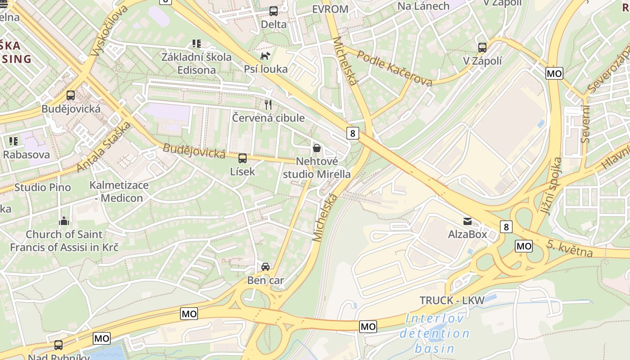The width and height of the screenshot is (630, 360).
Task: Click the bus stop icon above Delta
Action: click(x=273, y=11)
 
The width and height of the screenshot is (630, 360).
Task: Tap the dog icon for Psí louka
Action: click(x=265, y=56)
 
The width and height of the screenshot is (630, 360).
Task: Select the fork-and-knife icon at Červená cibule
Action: click(x=268, y=105)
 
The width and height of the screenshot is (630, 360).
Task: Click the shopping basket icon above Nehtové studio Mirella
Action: click(x=317, y=148)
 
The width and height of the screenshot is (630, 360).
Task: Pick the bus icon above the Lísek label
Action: click(x=243, y=158)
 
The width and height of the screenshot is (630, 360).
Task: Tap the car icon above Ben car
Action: click(x=265, y=267)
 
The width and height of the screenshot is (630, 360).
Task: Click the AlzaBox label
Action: click(x=468, y=234)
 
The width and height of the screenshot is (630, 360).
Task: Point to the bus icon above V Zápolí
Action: click(x=482, y=48)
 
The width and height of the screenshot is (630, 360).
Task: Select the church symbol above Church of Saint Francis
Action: click(x=64, y=221)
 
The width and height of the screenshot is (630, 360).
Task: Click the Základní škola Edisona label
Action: click(x=197, y=63)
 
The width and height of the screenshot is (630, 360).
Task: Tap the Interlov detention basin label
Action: click(x=434, y=333)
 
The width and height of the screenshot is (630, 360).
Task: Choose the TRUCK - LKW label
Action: click(x=452, y=301)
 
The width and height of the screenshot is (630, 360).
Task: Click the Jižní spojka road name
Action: click(x=552, y=186)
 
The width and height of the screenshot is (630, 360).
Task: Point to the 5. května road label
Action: click(x=570, y=249)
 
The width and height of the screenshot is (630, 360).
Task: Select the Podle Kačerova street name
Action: click(x=394, y=67)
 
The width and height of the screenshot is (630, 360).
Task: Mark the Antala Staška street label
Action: click(x=103, y=147)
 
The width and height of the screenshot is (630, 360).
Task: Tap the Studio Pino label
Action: click(x=42, y=187)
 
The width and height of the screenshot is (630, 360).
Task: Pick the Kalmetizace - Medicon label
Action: click(x=119, y=191)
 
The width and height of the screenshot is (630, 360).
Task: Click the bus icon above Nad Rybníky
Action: click(x=58, y=345)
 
